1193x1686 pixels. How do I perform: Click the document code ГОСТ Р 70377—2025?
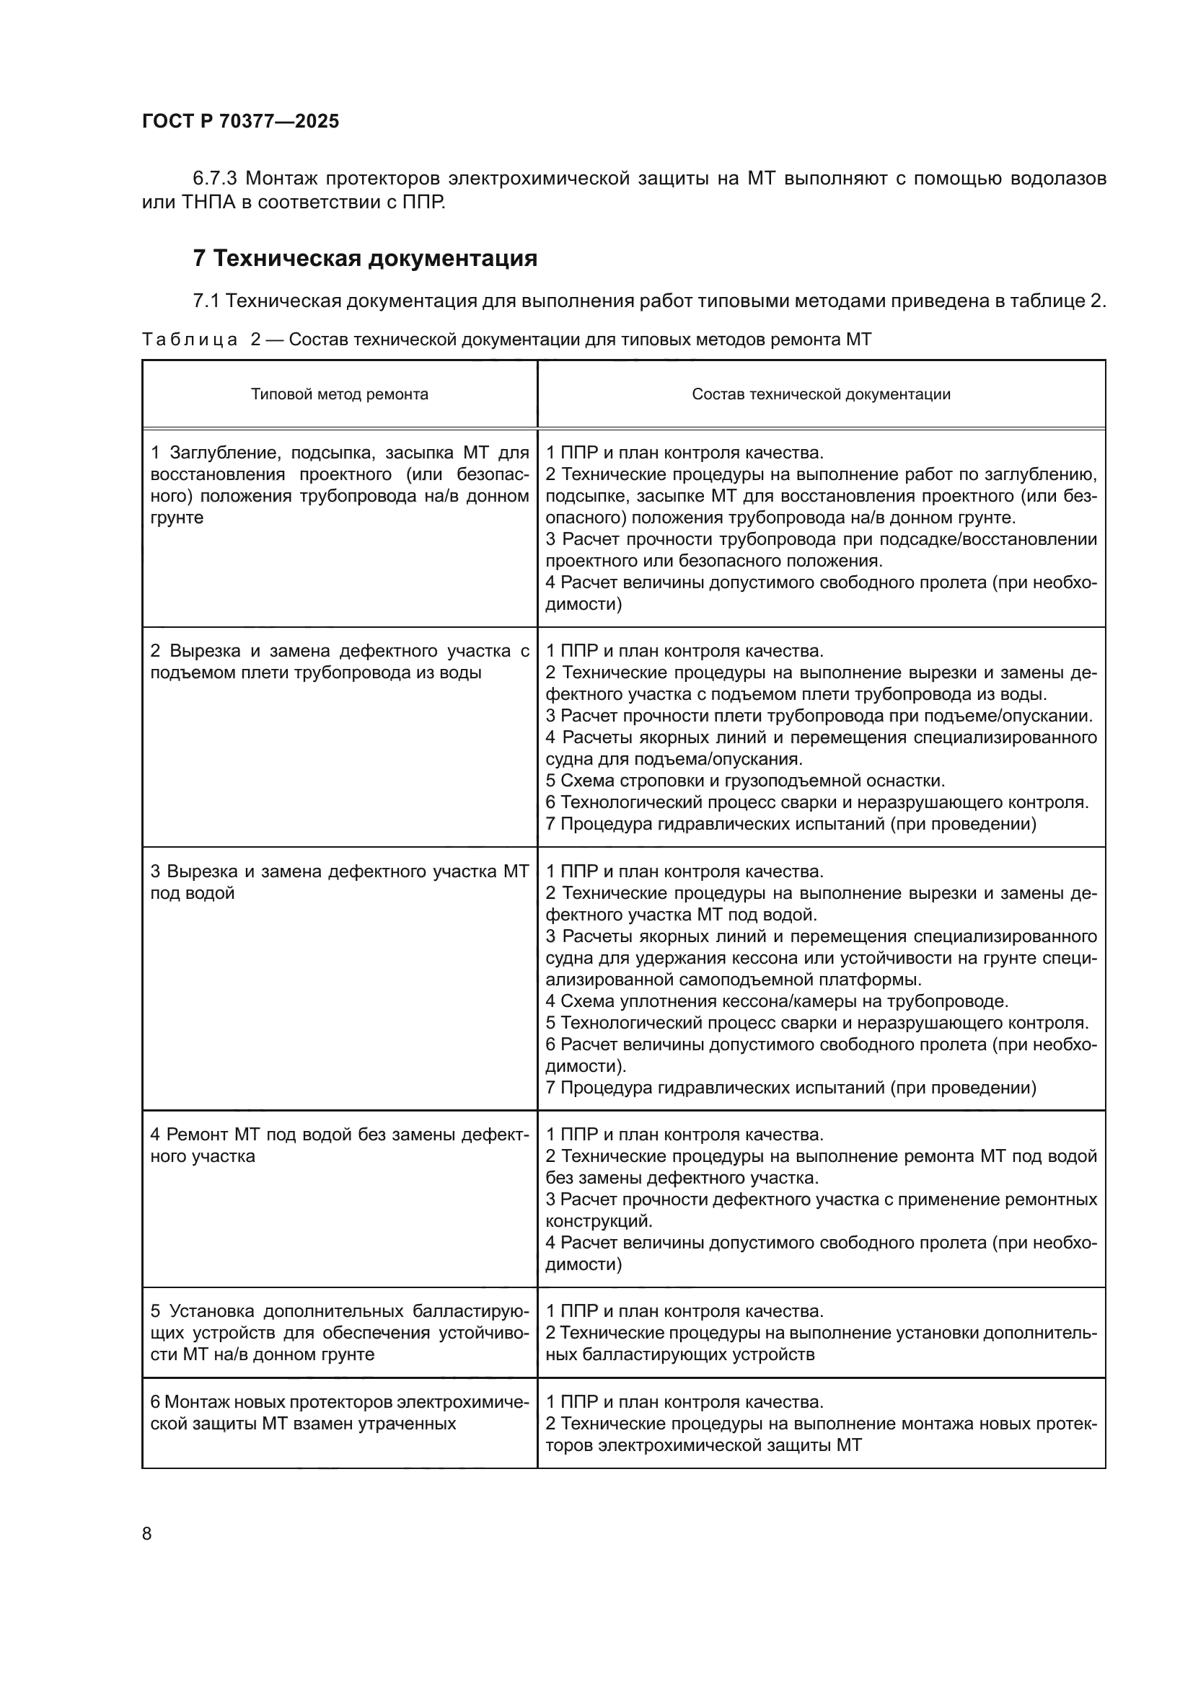coord(240,121)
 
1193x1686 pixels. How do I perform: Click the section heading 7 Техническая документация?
coord(364,259)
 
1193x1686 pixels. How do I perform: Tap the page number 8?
coord(147,1533)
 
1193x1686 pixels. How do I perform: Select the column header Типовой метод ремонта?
coord(340,394)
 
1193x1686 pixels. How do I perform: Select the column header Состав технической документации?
coord(821,394)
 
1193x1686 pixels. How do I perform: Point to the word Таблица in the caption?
coord(190,340)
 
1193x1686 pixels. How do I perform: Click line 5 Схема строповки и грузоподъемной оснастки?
coord(745,781)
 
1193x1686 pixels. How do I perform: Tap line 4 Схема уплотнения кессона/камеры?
coord(777,1002)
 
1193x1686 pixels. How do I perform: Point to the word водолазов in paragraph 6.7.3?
coord(1059,179)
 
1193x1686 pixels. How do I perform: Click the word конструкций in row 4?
coord(597,1221)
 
